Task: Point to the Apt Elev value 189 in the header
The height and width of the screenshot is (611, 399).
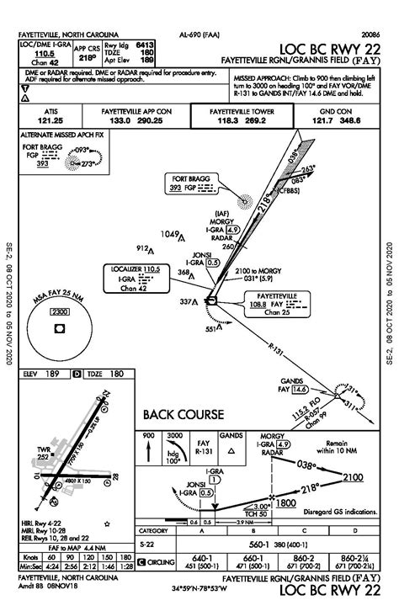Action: pyautogui.click(x=146, y=60)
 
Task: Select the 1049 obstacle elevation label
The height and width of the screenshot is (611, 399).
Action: pyautogui.click(x=171, y=233)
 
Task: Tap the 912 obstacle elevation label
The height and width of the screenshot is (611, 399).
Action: pyautogui.click(x=144, y=248)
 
